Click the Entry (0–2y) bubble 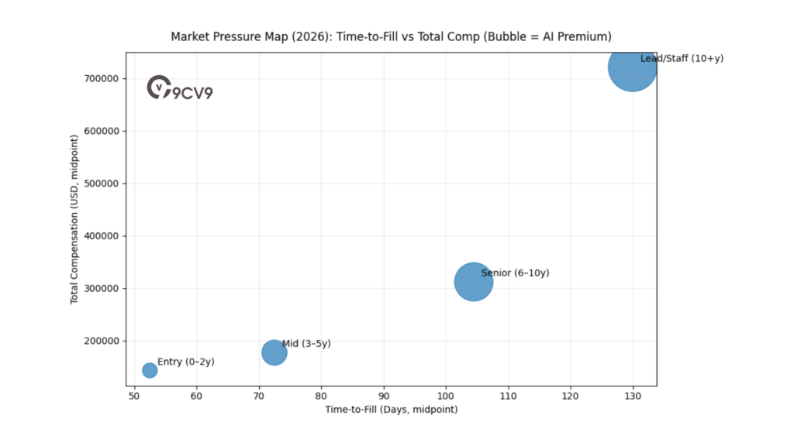click(150, 370)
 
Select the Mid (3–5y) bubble click(274, 352)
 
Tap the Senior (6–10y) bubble click(473, 282)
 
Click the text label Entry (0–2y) click(186, 362)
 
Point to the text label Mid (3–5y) click(306, 344)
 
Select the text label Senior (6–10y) click(515, 273)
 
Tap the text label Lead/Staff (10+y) click(682, 59)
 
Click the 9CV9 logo click(180, 88)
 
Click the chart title click(391, 36)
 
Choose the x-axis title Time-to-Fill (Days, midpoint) click(391, 409)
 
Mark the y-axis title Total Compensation click(74, 219)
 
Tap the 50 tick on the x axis click(134, 396)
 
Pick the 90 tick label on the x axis click(384, 396)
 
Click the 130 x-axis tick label click(633, 396)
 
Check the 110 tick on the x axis click(509, 396)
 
